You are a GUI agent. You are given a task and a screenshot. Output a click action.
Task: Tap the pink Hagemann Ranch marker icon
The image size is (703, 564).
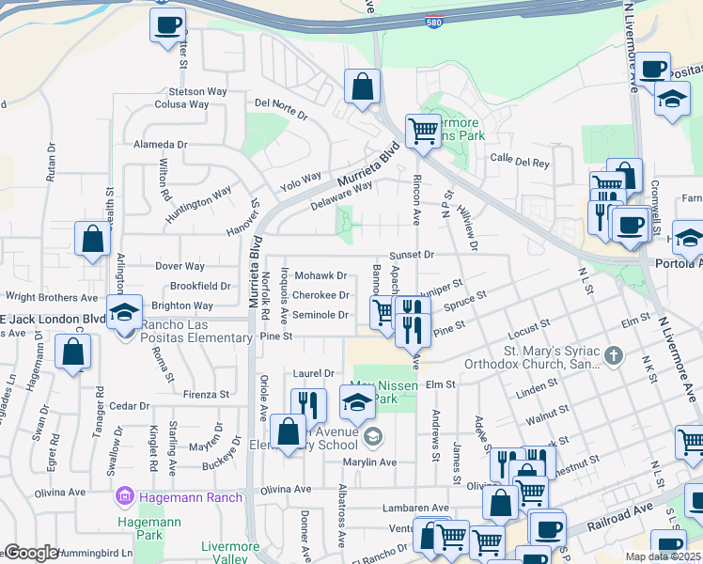(123, 495)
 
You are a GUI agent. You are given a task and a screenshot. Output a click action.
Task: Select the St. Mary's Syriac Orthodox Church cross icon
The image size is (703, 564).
(614, 354)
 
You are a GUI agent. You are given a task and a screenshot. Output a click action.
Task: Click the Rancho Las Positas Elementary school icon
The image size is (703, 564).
(123, 313)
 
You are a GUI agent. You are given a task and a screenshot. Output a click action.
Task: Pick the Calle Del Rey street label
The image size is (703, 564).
(520, 162)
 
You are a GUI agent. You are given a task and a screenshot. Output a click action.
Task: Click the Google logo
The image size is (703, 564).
(31, 553)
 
